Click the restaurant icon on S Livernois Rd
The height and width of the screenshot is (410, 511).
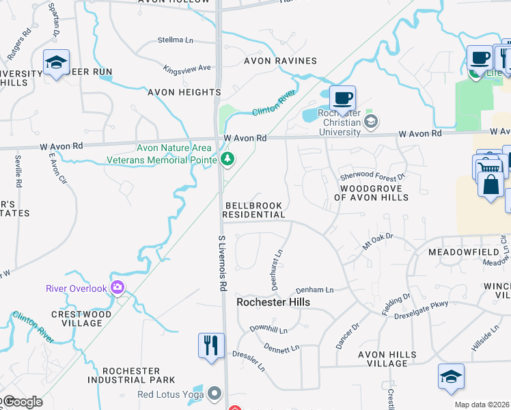point(211,344)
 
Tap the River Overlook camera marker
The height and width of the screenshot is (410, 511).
point(118,288)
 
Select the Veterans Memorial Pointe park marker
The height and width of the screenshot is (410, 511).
point(227,160)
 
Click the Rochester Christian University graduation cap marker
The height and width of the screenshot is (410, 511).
point(371,122)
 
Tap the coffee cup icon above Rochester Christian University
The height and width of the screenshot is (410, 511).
point(342,98)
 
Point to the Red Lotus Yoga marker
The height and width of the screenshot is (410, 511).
point(215,393)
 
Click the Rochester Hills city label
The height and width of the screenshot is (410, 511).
point(273,302)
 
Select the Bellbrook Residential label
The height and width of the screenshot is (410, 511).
point(254,210)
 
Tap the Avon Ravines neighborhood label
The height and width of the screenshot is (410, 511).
point(281,61)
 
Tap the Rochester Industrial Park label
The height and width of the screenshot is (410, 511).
point(131,375)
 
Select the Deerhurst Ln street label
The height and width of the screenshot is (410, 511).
point(278,269)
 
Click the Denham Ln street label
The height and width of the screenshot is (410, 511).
point(315,290)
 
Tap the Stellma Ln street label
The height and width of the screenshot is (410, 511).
point(176,40)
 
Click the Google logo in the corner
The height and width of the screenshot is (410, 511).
point(22,402)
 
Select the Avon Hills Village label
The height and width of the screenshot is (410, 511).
point(387,359)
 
